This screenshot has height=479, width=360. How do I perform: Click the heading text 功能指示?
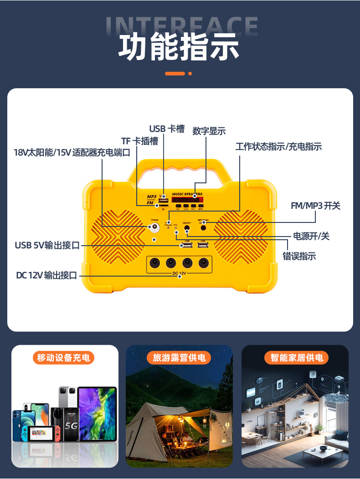[179, 47]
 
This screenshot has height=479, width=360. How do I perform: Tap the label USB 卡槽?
[167, 129]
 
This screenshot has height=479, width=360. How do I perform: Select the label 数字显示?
[209, 131]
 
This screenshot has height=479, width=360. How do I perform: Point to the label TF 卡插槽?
[139, 141]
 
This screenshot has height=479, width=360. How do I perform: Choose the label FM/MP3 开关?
[315, 206]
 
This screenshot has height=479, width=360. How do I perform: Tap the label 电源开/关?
[311, 236]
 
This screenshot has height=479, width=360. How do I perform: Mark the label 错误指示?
[299, 256]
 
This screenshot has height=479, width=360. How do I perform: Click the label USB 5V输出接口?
[47, 246]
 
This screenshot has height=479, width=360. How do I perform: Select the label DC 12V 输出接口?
[46, 275]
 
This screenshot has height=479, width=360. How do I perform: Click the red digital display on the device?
[187, 200]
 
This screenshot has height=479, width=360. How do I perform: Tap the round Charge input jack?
[155, 227]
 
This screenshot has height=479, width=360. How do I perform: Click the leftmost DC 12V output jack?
[155, 263]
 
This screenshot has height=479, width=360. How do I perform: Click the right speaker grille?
[240, 237]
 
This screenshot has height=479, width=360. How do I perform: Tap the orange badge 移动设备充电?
[64, 358]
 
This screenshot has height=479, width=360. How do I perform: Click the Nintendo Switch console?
[44, 434]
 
